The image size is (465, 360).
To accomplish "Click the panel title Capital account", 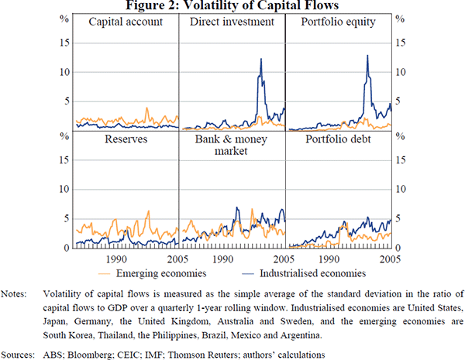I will pos(126,22).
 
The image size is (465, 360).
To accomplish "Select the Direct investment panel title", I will pos(232,22).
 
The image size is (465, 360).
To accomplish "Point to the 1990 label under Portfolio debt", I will pos(327,259).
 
